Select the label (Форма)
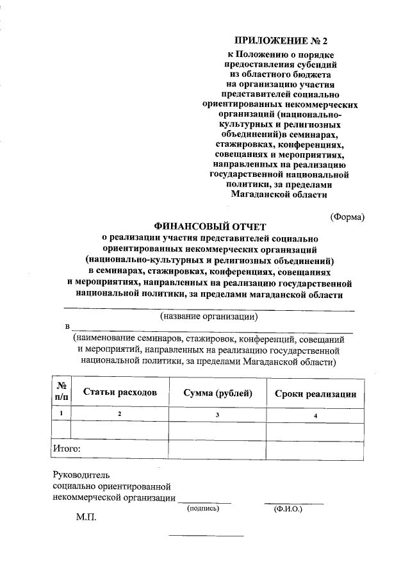pos(347,217)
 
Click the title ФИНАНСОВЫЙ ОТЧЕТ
pos(209,226)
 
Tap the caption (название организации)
pos(209,316)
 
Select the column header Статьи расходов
pos(119,393)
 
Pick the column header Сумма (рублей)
pos(218,393)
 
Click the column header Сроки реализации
pos(315,394)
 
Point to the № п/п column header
pos(62,392)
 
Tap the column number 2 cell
pos(119,415)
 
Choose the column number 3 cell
pos(218,415)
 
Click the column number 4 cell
pos(315,415)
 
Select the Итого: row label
pos(67,449)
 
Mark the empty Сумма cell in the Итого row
pos(218,449)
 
